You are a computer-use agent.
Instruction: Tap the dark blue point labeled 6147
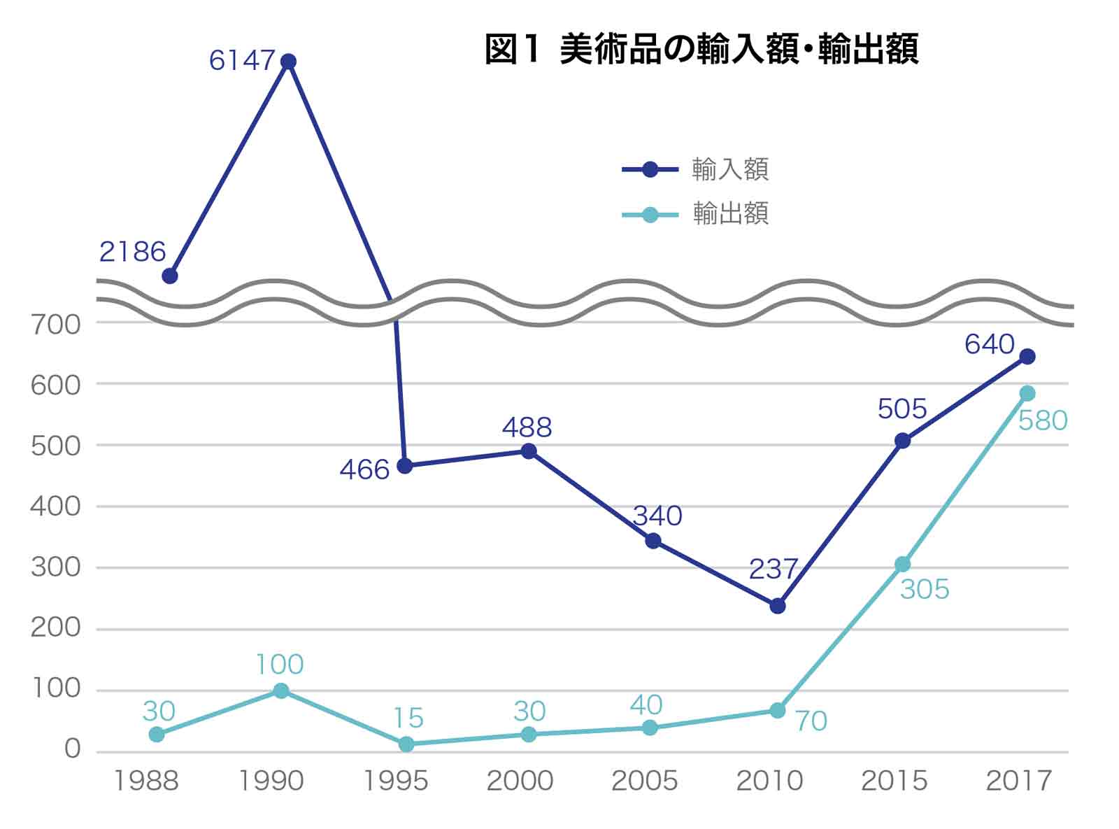click(287, 62)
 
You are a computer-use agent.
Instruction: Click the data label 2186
click(132, 252)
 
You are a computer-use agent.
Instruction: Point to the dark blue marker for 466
click(404, 466)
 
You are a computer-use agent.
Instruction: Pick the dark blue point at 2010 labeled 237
click(778, 606)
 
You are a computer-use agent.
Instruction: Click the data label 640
click(989, 344)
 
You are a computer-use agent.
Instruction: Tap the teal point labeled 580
click(1027, 393)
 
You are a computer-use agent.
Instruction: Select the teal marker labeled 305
click(903, 564)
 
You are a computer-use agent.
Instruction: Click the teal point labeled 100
click(281, 690)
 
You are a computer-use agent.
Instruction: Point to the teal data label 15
click(408, 718)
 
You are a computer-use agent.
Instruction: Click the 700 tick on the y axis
click(55, 324)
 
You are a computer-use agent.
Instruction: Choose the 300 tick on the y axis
click(55, 567)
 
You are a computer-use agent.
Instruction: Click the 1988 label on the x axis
click(145, 781)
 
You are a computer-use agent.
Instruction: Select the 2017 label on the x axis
click(1018, 781)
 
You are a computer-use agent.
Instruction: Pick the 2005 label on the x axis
click(644, 781)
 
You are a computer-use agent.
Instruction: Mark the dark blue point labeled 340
click(653, 541)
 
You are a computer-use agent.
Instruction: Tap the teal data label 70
click(811, 721)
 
